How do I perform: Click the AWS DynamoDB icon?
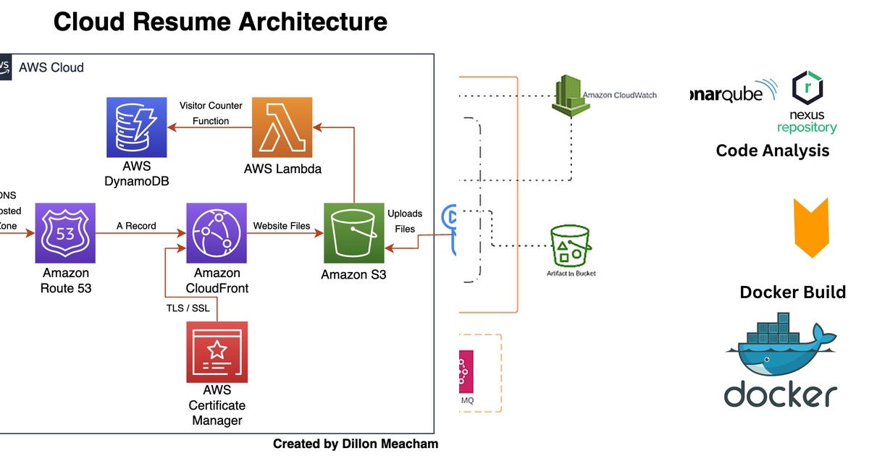[137, 127]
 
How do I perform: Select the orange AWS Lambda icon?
[282, 127]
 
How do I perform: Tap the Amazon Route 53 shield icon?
[65, 233]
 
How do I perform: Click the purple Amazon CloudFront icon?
[217, 233]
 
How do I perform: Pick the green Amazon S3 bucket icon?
[353, 233]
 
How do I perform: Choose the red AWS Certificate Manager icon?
[217, 352]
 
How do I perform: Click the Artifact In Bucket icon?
[570, 245]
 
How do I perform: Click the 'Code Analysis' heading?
[772, 151]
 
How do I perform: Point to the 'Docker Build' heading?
[792, 292]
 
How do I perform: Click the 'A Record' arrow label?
[136, 226]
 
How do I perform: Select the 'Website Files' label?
[281, 226]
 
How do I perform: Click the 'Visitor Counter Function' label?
[211, 114]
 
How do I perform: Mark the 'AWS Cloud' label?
[51, 68]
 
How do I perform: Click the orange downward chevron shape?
[811, 227]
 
